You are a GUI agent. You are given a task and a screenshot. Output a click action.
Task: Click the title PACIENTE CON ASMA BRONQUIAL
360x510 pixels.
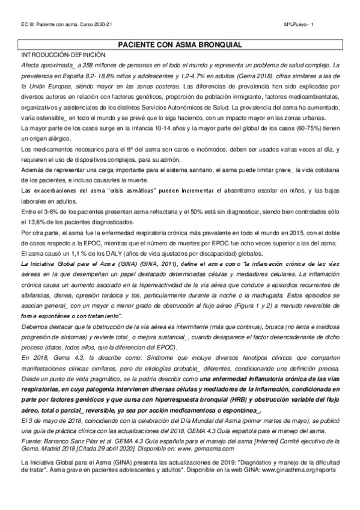click(x=180, y=45)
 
